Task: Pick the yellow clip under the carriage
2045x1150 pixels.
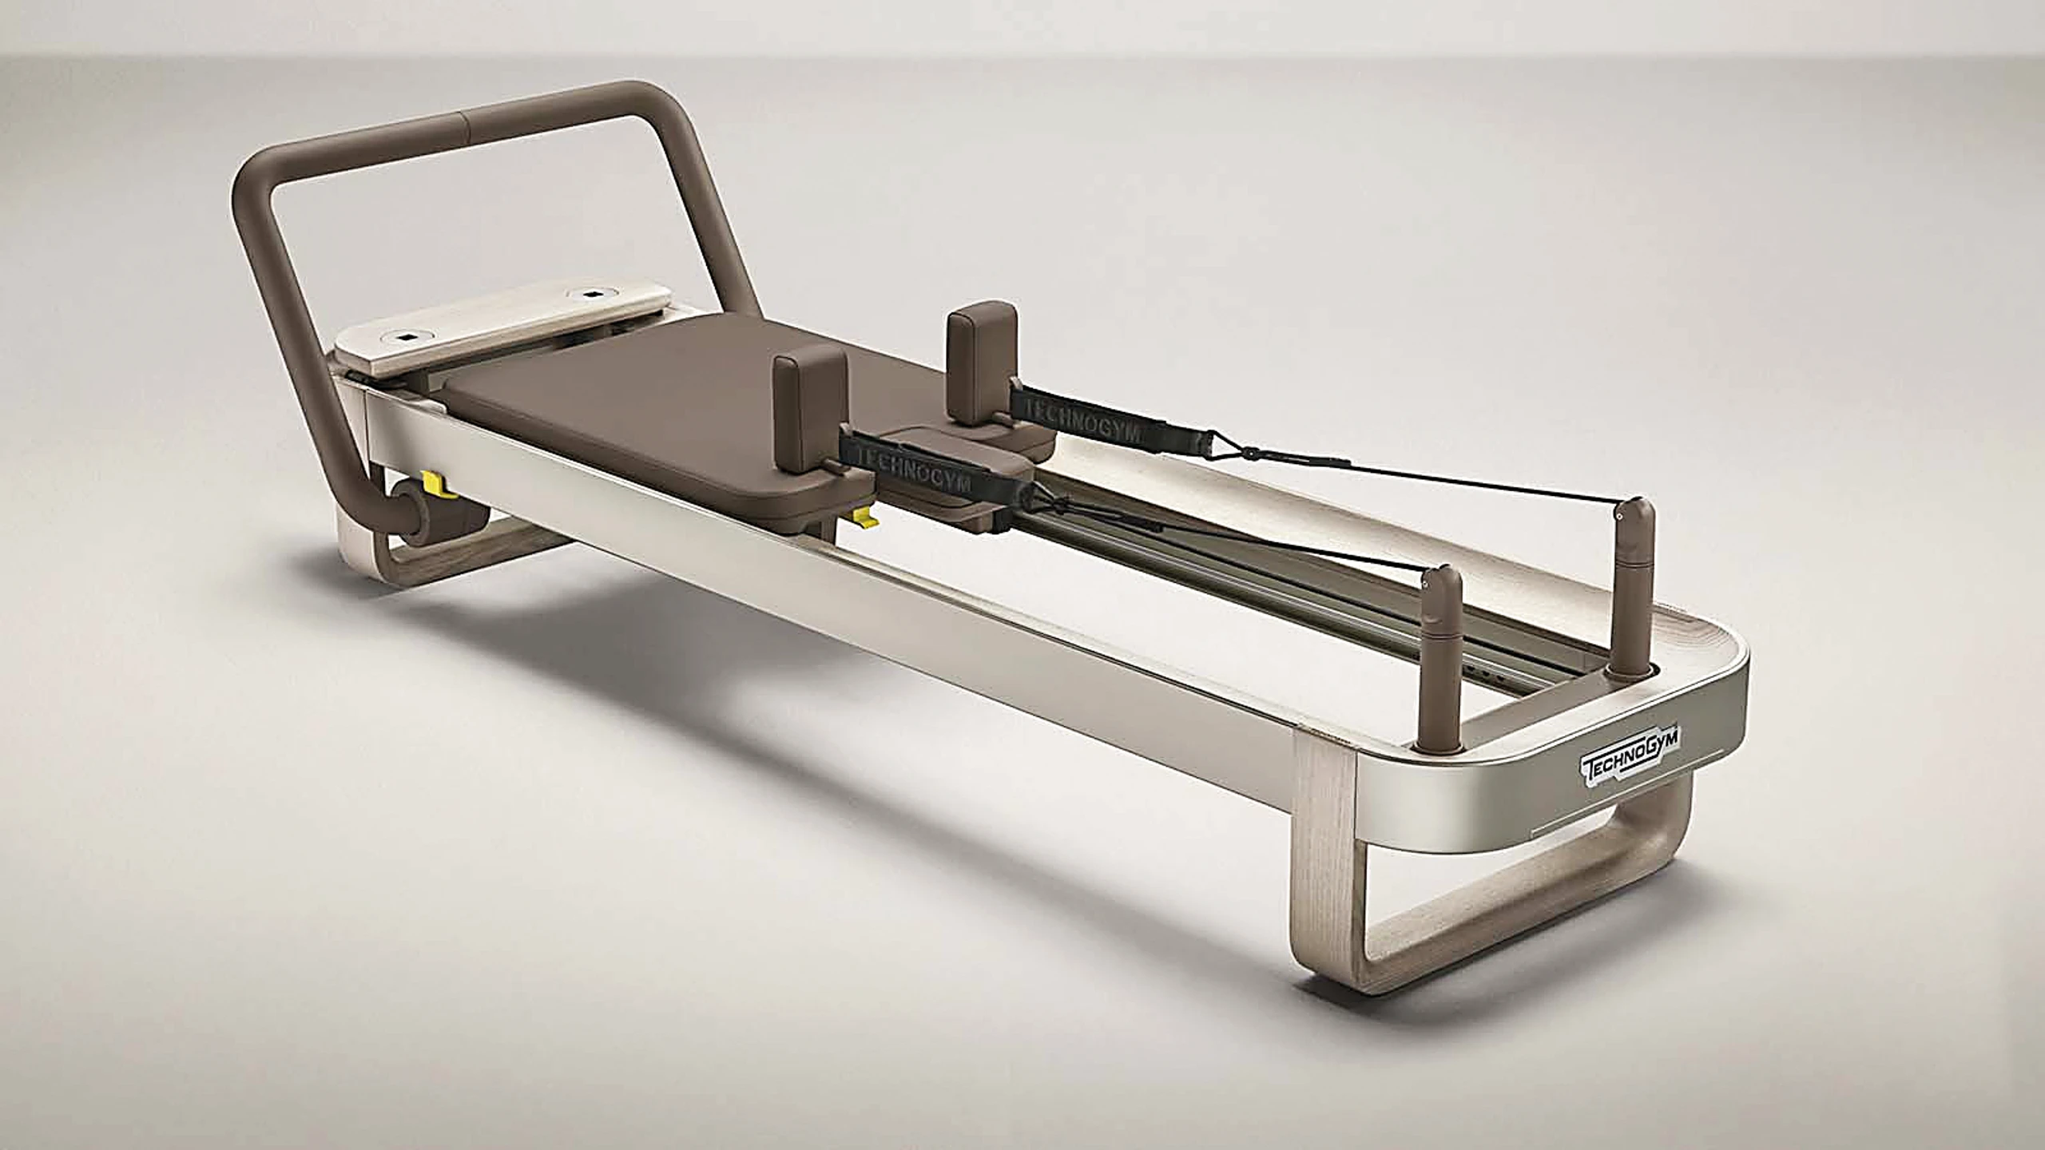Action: click(864, 520)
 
